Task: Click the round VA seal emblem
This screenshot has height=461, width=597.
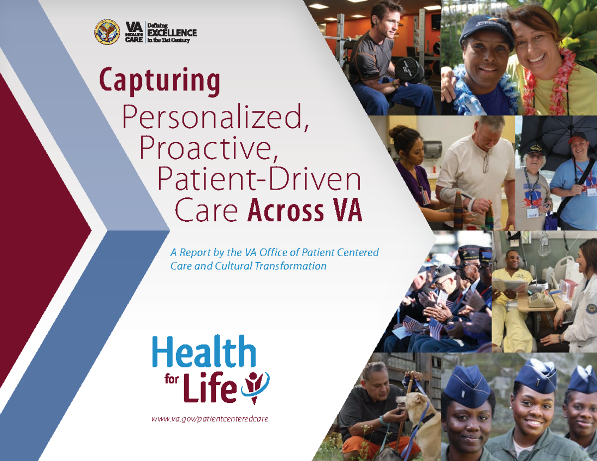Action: point(107,32)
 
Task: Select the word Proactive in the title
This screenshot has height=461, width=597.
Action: point(209,147)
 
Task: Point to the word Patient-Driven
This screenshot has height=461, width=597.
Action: point(259,180)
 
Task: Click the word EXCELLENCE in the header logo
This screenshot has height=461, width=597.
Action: point(172,33)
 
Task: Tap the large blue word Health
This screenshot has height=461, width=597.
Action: point(204,353)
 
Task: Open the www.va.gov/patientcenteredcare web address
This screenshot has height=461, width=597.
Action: point(209,419)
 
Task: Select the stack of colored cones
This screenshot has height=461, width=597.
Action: point(458,208)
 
